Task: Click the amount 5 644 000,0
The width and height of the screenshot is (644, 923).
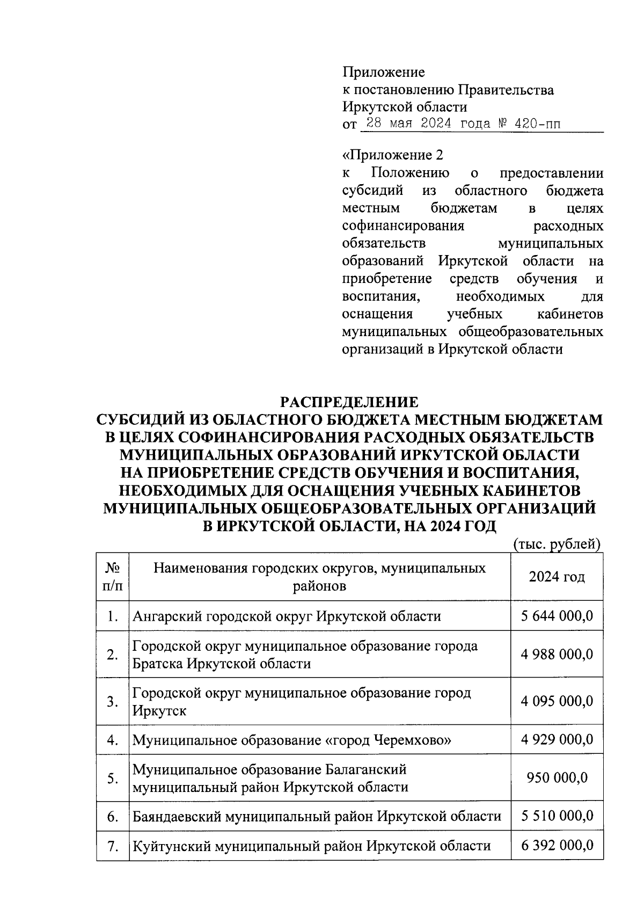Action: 557,616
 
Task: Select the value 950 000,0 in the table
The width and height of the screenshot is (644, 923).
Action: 557,778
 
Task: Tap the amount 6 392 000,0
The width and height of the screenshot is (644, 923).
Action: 557,846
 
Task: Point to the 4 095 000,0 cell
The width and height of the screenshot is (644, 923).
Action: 557,701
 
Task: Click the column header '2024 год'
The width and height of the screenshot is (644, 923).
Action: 557,577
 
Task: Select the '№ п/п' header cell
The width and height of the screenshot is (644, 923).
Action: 112,577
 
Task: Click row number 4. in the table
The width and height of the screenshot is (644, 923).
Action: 112,740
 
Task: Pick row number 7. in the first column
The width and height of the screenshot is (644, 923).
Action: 112,846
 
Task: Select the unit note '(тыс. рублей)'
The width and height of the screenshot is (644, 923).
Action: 556,544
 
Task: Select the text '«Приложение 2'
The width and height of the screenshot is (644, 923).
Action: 393,156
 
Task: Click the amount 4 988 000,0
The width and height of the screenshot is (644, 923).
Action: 557,655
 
